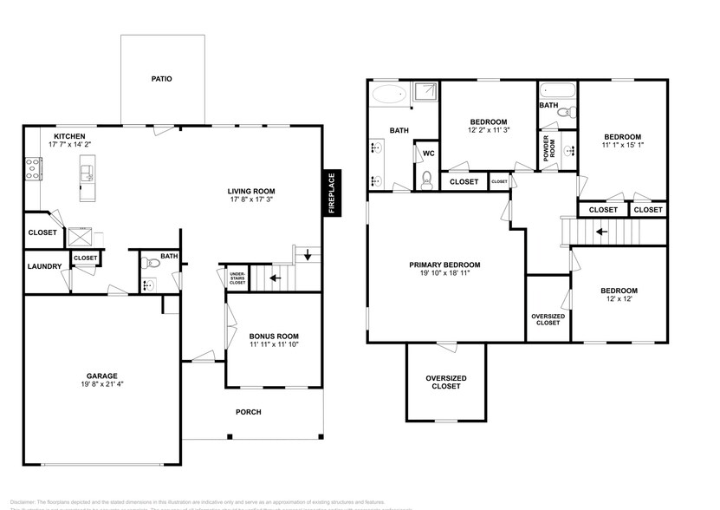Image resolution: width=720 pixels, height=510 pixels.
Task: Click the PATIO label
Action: pos(162,79)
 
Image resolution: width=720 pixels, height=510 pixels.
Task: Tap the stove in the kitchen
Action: pos(33,168)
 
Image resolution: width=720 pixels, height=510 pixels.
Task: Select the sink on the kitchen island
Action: pos(88,176)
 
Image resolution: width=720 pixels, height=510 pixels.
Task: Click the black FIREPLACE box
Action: pos(330,192)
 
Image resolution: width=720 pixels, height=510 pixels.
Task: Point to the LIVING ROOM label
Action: pos(250,192)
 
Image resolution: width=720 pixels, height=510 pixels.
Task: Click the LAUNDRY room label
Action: pos(42,267)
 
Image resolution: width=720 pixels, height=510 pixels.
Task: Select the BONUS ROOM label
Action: pos(273,337)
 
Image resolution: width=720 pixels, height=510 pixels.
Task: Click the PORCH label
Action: pos(249,412)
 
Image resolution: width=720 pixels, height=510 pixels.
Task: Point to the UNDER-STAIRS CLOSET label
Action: pos(237,278)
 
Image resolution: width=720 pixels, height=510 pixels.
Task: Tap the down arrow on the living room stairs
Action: pos(308,255)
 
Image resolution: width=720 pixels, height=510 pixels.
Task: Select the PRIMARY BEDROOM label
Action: pos(444,265)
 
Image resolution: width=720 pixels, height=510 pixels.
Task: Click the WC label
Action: pos(427,154)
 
